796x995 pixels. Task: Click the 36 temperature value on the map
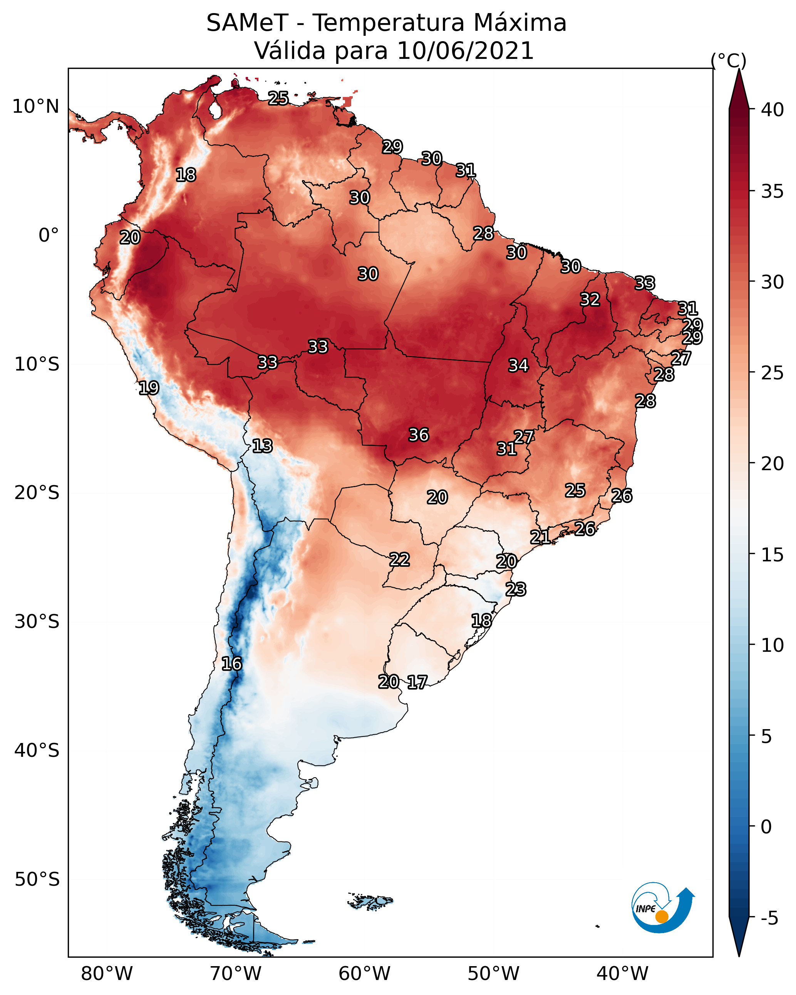419,435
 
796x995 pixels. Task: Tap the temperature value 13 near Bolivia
262,446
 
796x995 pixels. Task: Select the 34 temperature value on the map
518,366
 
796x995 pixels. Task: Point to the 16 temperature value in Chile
231,664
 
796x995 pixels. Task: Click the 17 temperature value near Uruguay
417,682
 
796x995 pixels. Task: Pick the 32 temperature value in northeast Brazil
590,299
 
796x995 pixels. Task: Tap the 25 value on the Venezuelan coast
278,98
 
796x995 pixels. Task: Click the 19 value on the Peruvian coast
149,388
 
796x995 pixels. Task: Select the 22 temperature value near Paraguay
399,559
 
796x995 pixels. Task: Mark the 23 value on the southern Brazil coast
516,589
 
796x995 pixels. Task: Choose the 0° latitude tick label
49,235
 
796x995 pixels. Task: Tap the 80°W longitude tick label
107,974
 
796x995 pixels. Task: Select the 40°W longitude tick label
623,974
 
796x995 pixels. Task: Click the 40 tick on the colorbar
773,110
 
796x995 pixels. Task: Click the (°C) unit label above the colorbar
729,60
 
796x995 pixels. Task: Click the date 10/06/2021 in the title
465,51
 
